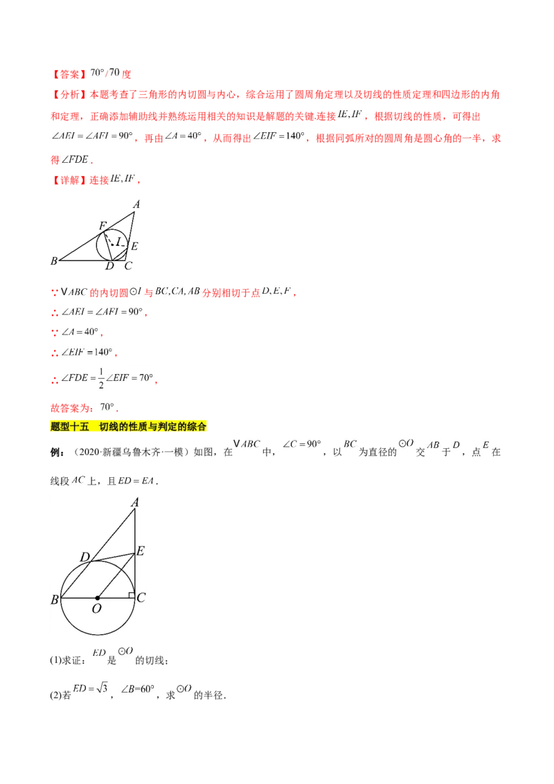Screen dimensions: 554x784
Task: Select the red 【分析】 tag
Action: point(69,94)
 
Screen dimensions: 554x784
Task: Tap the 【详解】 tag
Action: point(69,180)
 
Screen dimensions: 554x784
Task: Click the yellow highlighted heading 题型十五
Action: point(70,427)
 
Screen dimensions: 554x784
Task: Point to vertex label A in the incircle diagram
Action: point(136,204)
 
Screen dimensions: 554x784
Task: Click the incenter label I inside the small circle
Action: point(118,242)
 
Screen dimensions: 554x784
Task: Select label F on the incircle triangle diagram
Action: point(102,226)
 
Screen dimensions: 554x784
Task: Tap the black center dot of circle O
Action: point(98,598)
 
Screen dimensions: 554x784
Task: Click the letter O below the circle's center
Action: point(97,609)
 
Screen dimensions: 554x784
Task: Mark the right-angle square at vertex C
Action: point(132,595)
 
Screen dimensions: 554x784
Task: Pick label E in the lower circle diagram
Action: point(141,551)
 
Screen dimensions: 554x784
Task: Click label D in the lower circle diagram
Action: point(85,557)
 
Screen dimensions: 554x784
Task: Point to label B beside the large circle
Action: point(55,600)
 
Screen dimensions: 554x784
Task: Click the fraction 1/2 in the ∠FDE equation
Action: point(101,379)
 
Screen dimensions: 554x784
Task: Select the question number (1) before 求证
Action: point(55,661)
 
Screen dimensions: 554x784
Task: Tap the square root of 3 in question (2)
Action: point(102,688)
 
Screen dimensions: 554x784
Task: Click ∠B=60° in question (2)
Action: point(138,689)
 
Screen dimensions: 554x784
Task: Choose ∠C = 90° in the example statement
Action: point(301,444)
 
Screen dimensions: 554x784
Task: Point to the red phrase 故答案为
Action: point(70,408)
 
